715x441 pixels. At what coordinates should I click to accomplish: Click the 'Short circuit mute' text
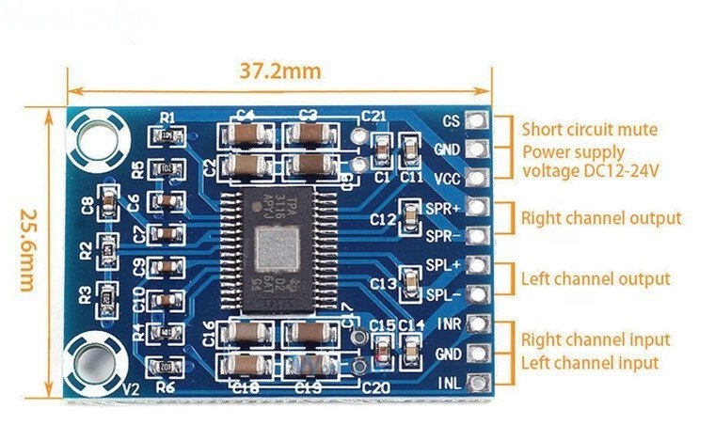[590, 130]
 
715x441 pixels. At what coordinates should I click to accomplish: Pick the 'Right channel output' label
[601, 218]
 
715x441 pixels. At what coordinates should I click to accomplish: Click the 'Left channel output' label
[596, 278]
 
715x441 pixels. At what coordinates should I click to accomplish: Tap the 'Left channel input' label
[589, 362]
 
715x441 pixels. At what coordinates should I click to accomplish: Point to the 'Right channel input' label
[596, 339]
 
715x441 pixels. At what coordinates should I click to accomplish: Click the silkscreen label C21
[373, 116]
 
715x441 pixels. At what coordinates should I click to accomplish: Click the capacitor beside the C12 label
[410, 218]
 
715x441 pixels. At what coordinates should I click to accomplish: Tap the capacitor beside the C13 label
[410, 280]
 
